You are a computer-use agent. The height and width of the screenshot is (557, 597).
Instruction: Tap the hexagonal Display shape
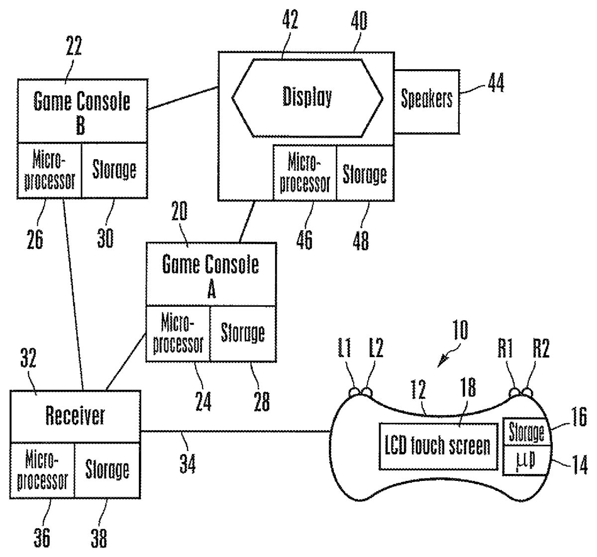point(307,97)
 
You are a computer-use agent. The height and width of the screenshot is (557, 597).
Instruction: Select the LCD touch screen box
point(438,446)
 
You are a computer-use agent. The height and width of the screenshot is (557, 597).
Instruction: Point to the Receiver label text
point(75,416)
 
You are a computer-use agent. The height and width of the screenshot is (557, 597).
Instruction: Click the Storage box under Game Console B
point(114,170)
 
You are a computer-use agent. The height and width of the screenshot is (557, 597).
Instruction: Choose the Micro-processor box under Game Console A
point(178,333)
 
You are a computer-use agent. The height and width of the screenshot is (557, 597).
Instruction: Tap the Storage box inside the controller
point(526,433)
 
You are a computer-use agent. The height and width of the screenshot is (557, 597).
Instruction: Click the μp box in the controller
point(526,460)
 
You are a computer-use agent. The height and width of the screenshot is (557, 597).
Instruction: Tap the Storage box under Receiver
point(107,469)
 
